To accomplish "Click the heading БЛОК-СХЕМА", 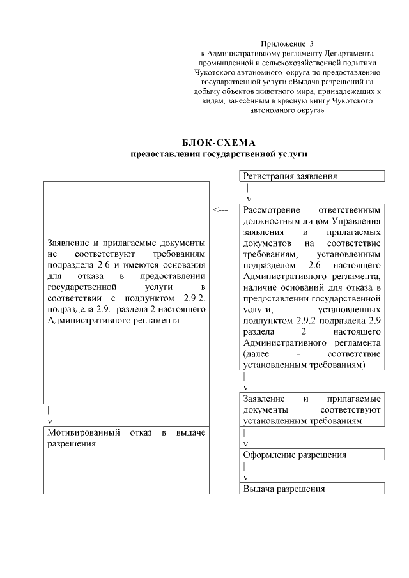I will pos(219,142).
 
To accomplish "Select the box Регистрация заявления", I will pos(313,176).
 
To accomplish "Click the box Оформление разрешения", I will pos(313,455).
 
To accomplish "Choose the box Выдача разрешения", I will pos(313,489).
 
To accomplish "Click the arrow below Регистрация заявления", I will pos(248,194).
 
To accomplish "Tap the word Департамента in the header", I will pos(351,54).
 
